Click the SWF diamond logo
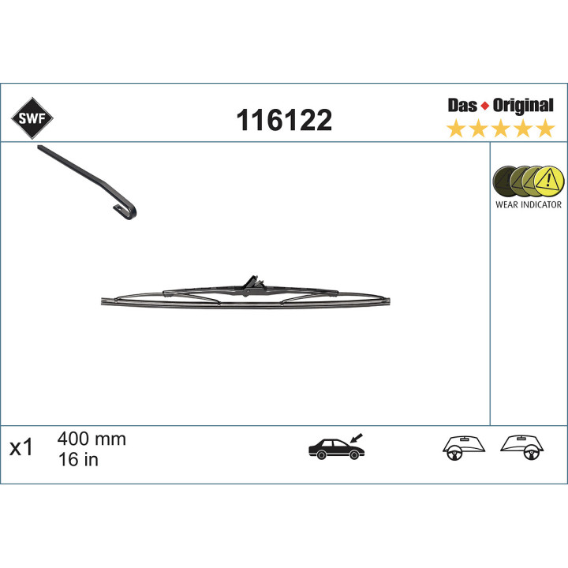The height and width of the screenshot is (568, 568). [x=32, y=118]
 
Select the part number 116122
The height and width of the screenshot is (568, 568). [x=284, y=120]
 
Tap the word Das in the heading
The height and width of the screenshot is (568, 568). [x=462, y=106]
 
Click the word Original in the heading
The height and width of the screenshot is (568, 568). [x=523, y=106]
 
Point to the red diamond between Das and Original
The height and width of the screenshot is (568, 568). [x=484, y=106]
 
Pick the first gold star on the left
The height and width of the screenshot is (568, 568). [x=456, y=129]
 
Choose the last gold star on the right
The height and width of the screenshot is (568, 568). [x=546, y=129]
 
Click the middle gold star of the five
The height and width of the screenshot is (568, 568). [x=501, y=129]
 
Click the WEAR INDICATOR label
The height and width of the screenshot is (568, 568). [x=528, y=204]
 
